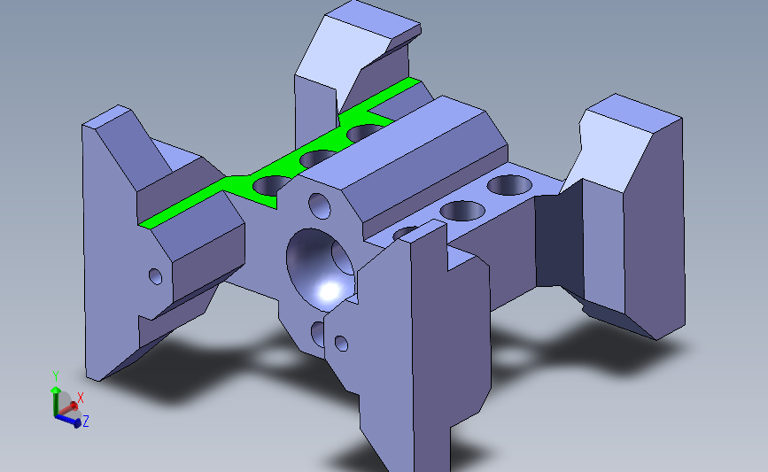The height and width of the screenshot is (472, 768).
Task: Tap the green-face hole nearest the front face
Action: pyautogui.click(x=272, y=185)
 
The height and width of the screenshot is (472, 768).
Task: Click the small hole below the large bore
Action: pyautogui.click(x=318, y=333)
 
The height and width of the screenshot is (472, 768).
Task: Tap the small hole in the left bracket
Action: pyautogui.click(x=156, y=275)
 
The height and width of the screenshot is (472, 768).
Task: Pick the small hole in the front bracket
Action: pyautogui.click(x=341, y=342)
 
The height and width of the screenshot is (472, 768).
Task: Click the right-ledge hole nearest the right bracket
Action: pyautogui.click(x=508, y=185)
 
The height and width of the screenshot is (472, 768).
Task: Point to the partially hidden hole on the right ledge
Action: pyautogui.click(x=407, y=233)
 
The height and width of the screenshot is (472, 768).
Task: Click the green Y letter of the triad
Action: pyautogui.click(x=55, y=375)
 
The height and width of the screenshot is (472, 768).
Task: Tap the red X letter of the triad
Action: pyautogui.click(x=80, y=398)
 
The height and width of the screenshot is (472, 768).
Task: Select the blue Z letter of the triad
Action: pyautogui.click(x=86, y=422)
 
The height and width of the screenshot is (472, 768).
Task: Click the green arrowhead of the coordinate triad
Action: pyautogui.click(x=56, y=390)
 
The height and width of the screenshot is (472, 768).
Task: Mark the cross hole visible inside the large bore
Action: pyautogui.click(x=340, y=257)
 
